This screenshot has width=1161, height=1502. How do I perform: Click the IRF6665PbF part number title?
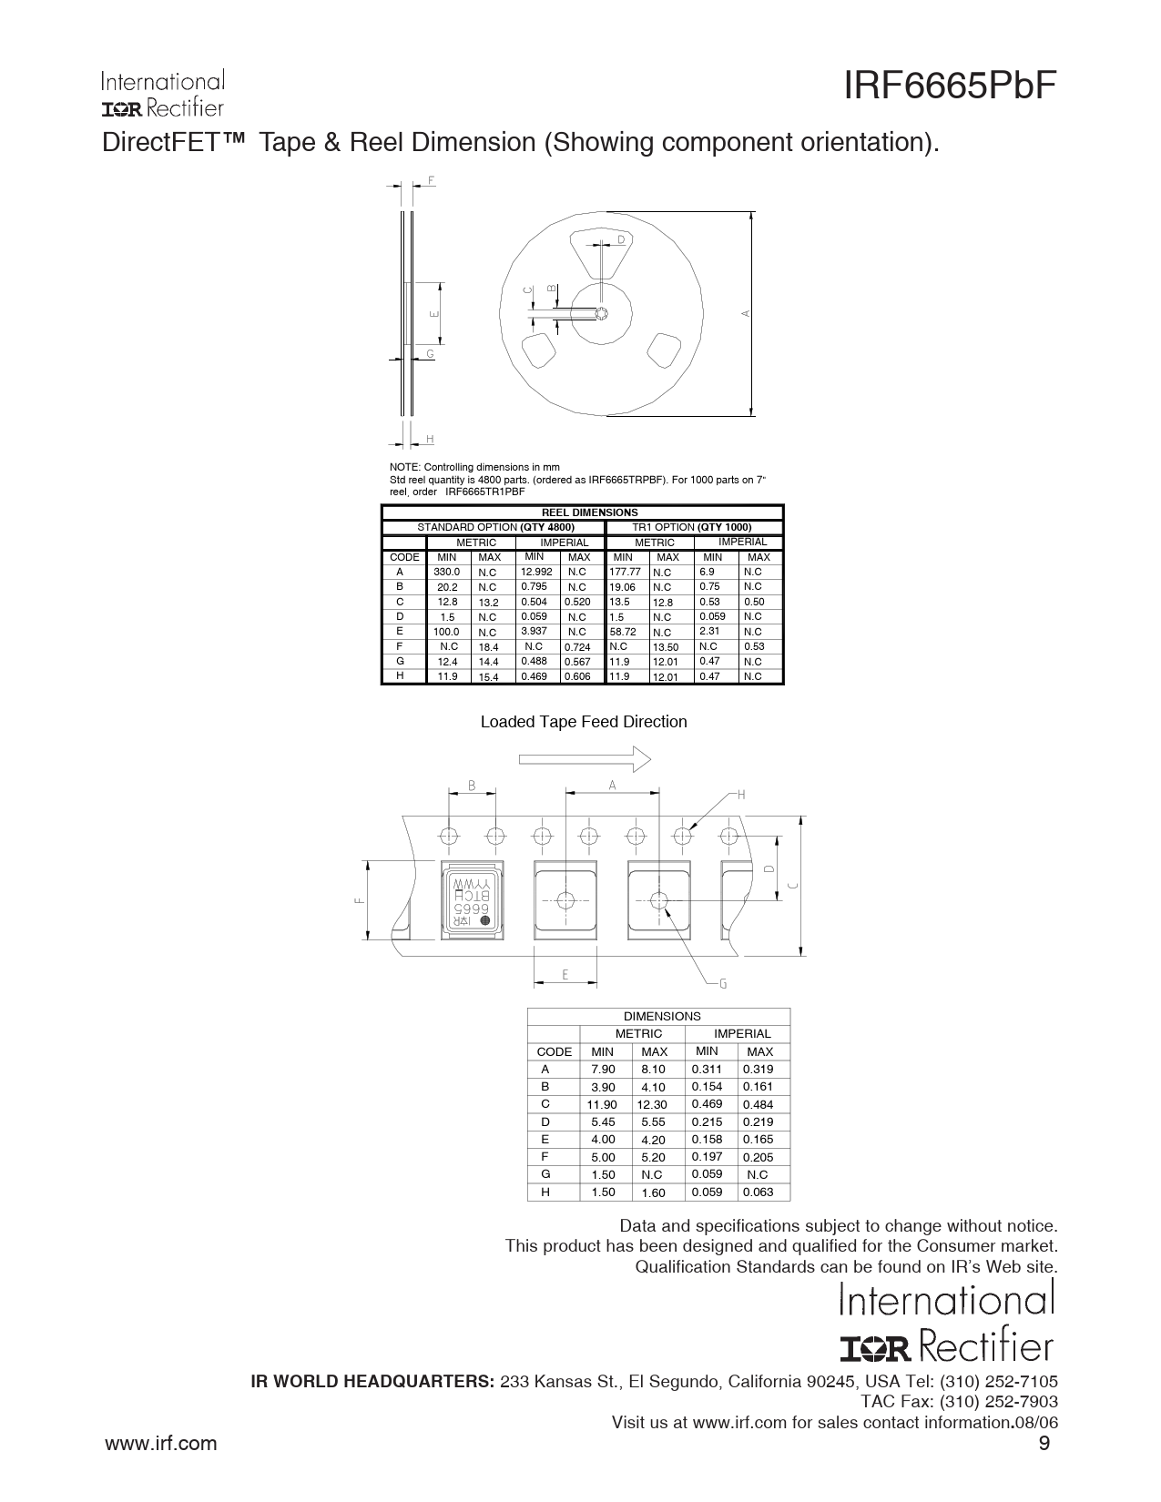(x=950, y=86)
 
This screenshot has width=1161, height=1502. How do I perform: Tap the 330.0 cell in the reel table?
(x=447, y=573)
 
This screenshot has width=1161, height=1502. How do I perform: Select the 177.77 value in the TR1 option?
(x=625, y=573)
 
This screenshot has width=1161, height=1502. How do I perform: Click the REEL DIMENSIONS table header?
(x=589, y=513)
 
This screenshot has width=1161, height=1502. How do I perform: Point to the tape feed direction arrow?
(x=585, y=759)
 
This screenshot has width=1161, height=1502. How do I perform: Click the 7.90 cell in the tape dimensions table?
(x=603, y=1070)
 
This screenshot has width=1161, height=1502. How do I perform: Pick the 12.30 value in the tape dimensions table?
(x=653, y=1104)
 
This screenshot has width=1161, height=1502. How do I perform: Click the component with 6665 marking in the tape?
(x=473, y=900)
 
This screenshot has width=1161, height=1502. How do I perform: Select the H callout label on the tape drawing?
(x=741, y=795)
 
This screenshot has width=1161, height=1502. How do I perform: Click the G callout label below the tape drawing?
(x=723, y=983)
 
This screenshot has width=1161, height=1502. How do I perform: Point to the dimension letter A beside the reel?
(x=746, y=313)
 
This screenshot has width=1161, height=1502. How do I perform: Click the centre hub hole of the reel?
(x=602, y=313)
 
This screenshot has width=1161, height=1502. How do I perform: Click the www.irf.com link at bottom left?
(x=160, y=1443)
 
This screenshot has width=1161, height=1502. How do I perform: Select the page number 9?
(x=1044, y=1443)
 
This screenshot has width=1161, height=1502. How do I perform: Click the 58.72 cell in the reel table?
(x=622, y=632)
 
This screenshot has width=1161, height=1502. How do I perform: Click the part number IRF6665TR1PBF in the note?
(x=484, y=492)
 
